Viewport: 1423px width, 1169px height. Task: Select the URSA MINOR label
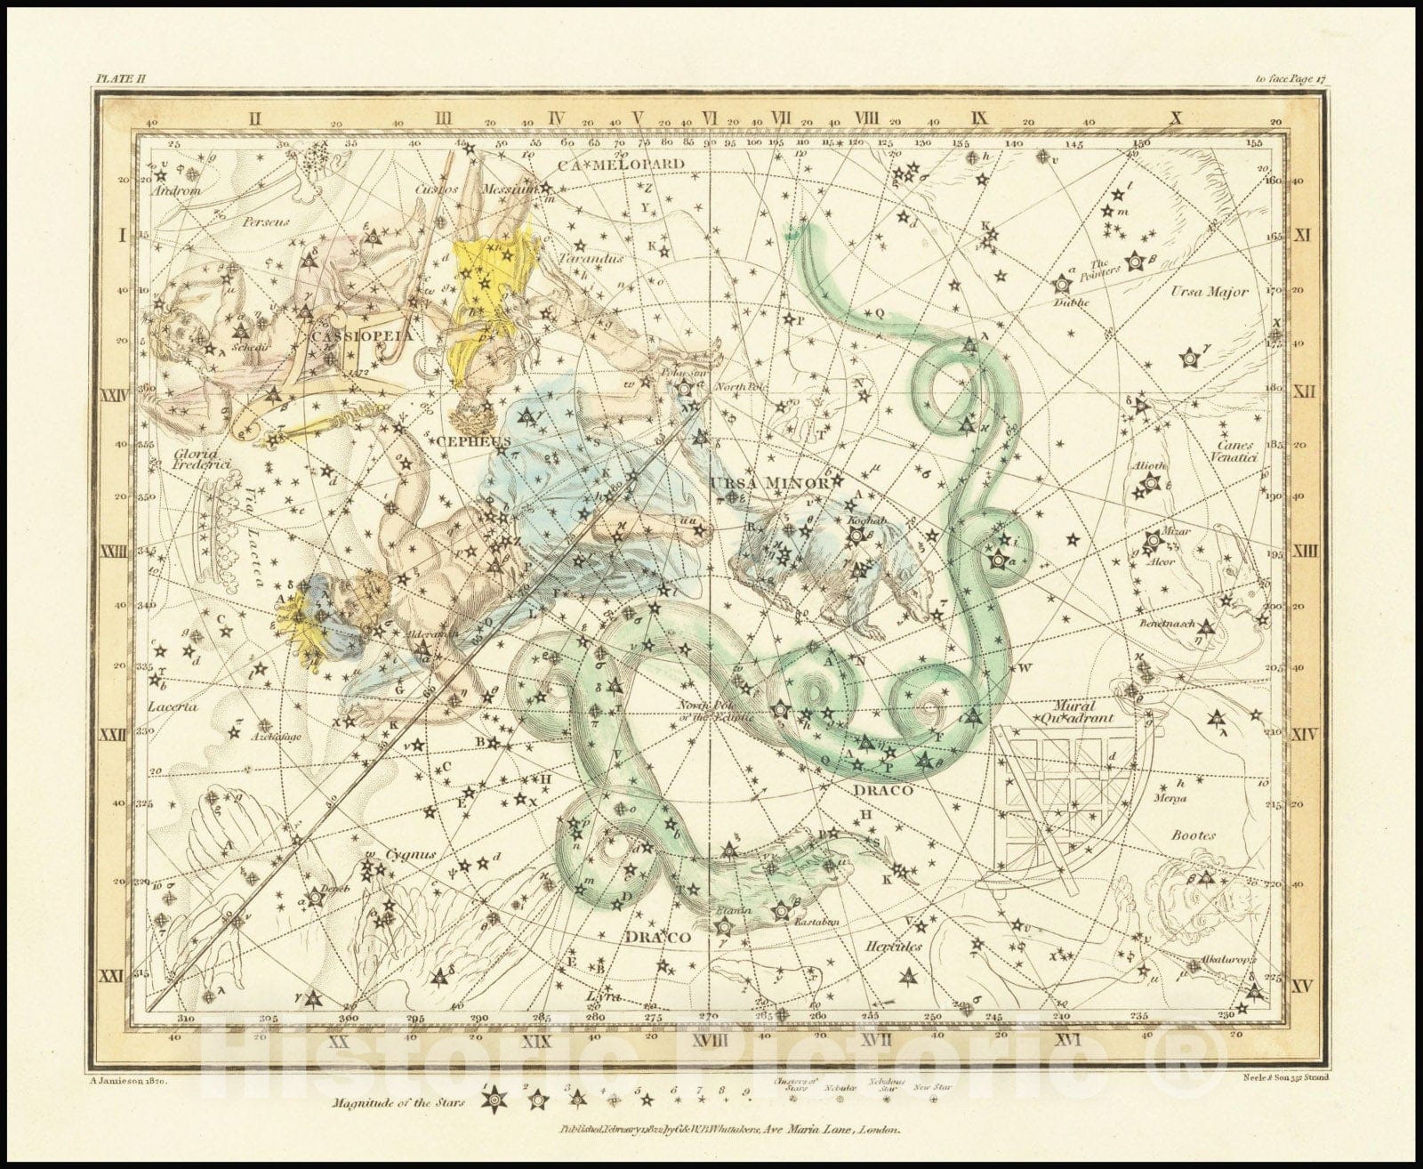[770, 482]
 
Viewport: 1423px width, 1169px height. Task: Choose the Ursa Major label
[1209, 291]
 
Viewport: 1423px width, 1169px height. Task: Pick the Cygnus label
[411, 854]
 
